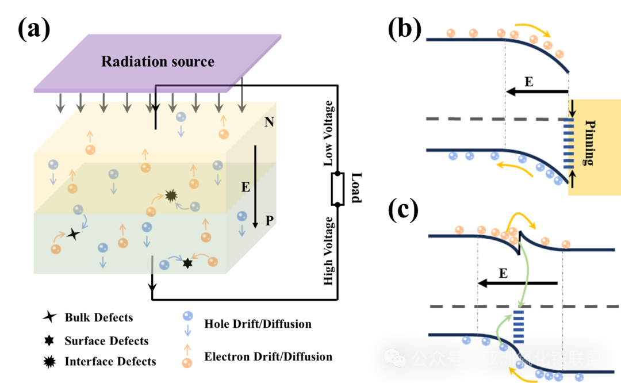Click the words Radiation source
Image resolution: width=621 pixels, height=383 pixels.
point(158,62)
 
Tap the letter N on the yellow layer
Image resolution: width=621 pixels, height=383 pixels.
point(269,122)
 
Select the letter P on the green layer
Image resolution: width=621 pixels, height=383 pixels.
point(269,220)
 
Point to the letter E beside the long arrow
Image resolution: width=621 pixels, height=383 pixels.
point(246,187)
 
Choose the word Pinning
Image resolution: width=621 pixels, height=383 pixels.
point(588,143)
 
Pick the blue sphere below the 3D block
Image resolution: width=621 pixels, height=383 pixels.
point(187,316)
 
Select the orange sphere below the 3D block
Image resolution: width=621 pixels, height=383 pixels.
point(187,363)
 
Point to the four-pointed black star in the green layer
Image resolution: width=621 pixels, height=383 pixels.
point(73,233)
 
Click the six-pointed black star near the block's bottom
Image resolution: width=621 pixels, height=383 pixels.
point(187,263)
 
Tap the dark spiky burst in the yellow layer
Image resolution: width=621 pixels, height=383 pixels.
point(171,196)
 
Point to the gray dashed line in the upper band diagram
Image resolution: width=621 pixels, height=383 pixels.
point(489,118)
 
